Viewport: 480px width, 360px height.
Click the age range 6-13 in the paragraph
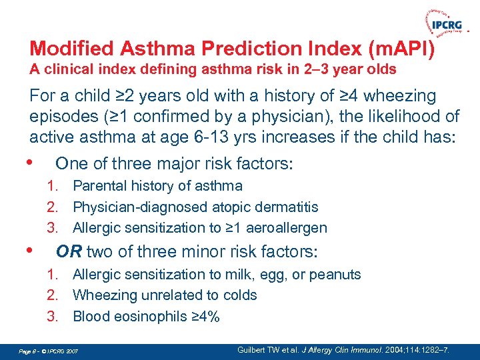click(x=217, y=137)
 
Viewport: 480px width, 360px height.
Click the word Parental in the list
click(x=98, y=186)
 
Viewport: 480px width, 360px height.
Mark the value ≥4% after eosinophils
click(x=205, y=316)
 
